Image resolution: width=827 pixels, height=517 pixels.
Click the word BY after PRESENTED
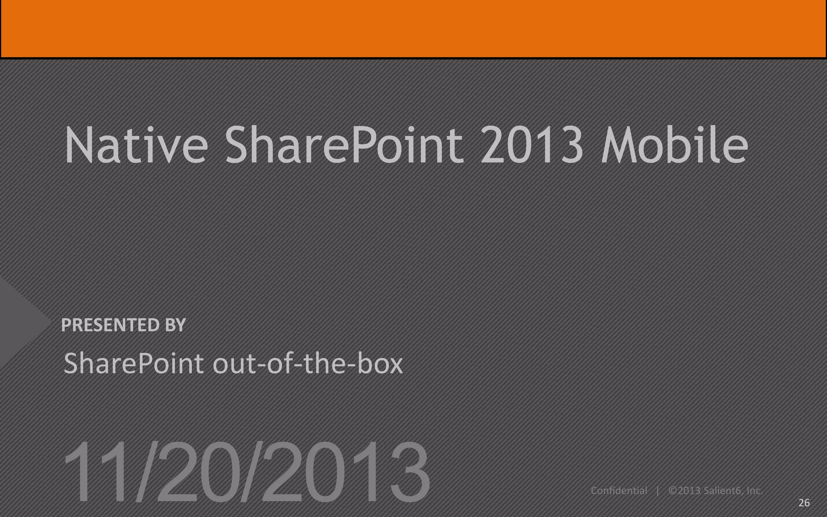(175, 325)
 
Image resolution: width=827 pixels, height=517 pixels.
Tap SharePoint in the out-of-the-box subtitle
(134, 363)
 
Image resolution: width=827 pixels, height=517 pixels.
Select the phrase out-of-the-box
(308, 363)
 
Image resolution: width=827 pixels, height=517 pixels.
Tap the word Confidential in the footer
(619, 491)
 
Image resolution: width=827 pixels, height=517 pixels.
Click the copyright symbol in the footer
(673, 491)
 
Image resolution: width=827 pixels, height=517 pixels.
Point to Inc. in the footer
(754, 491)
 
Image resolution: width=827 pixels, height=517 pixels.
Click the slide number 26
(804, 502)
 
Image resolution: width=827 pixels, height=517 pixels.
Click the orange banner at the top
(413, 28)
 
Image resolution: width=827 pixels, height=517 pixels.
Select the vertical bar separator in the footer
(658, 491)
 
